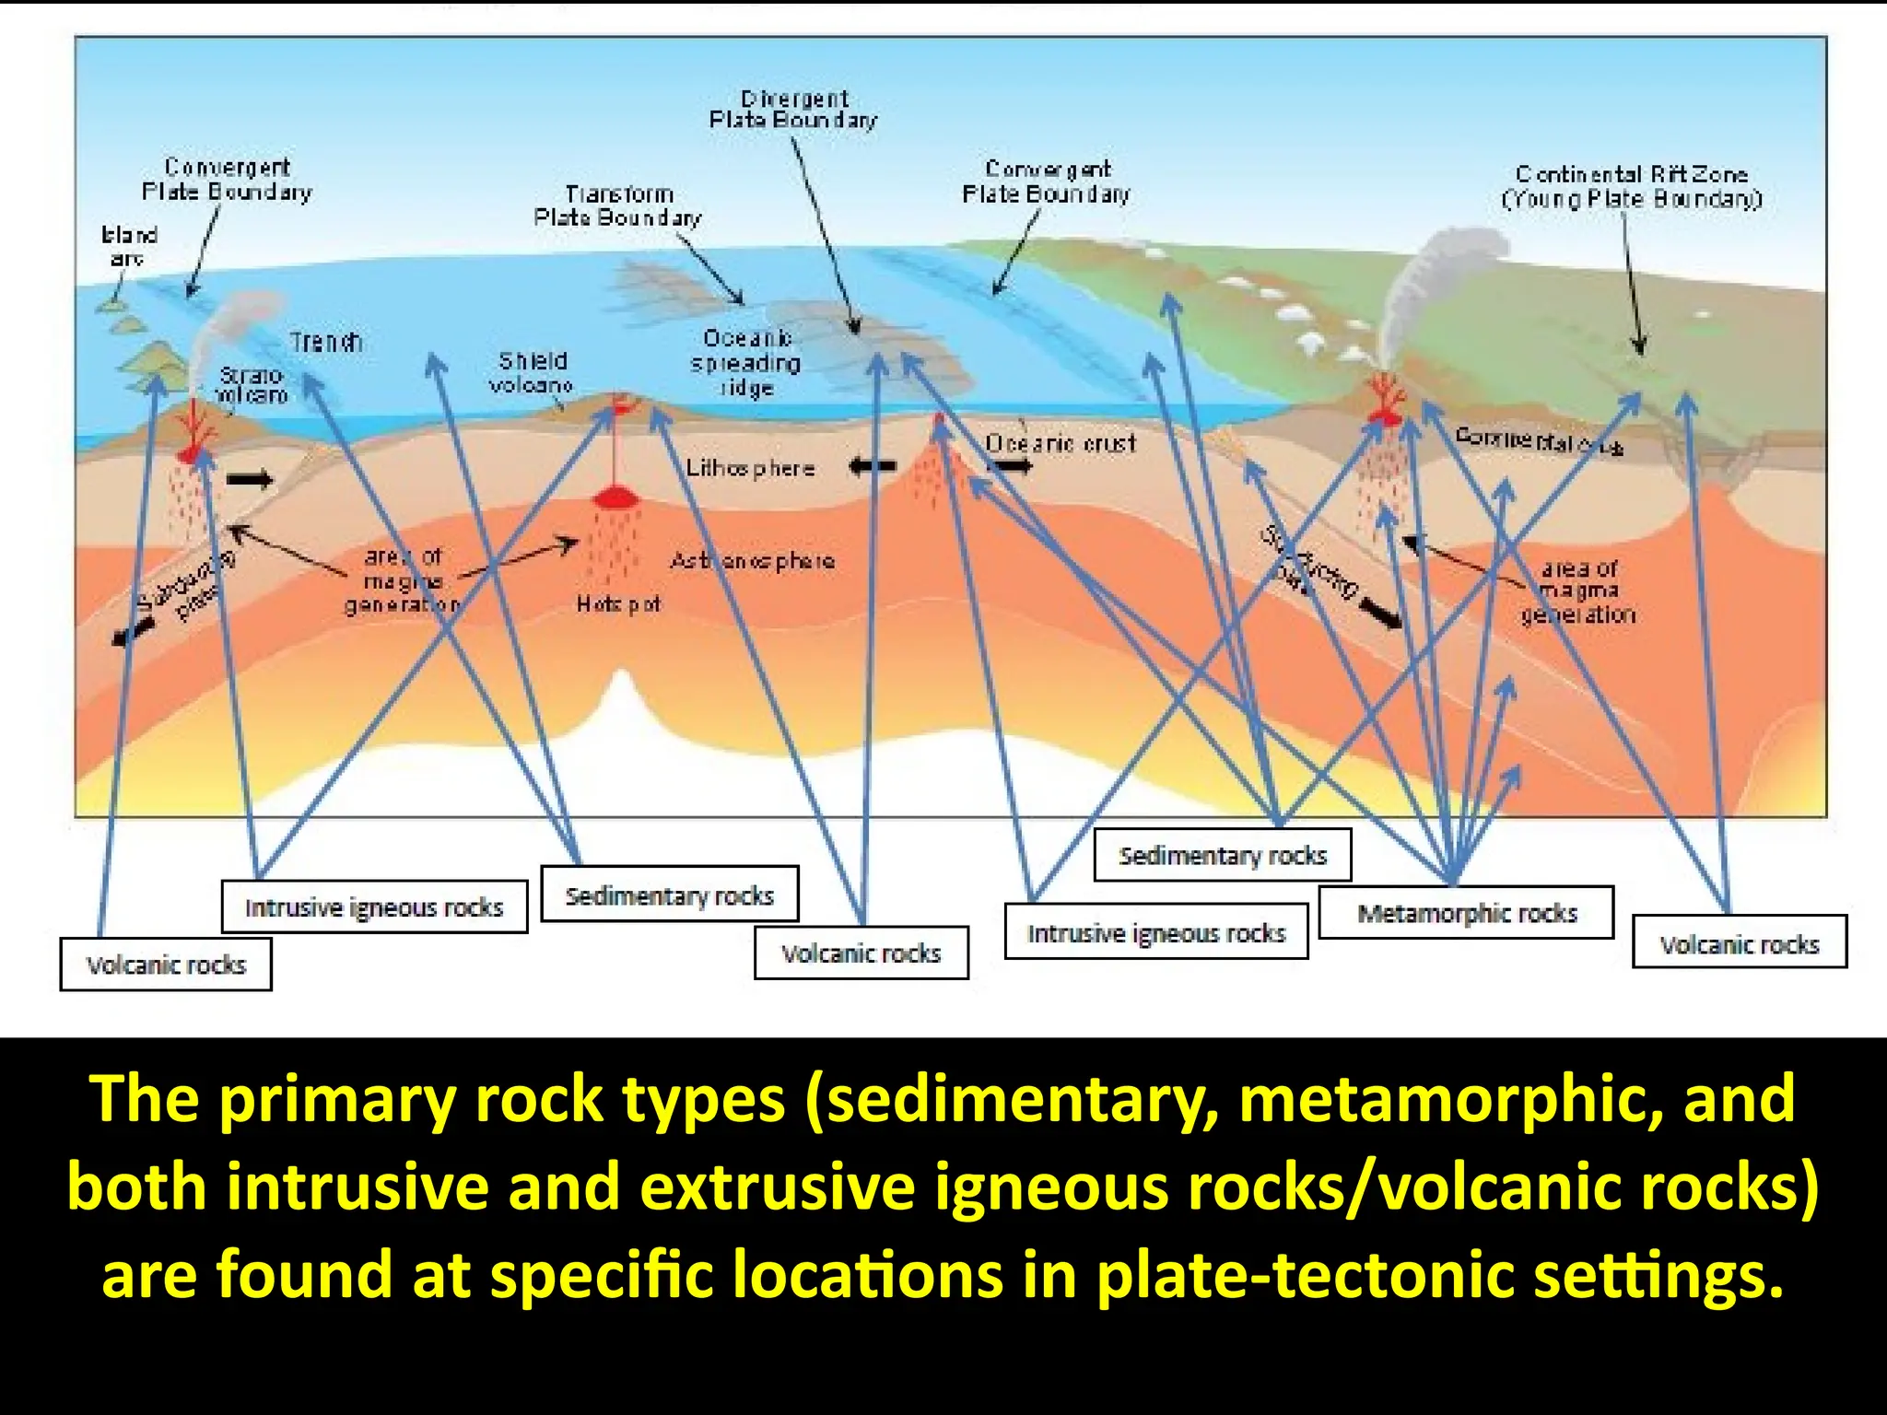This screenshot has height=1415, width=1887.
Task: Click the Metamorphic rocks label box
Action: point(1466,913)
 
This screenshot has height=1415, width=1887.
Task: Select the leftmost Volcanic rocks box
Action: point(166,965)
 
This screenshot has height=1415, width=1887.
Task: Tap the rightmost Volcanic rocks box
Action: point(1739,943)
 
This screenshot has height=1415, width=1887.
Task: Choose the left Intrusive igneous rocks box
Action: point(374,907)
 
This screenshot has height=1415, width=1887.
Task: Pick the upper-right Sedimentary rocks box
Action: point(1222,856)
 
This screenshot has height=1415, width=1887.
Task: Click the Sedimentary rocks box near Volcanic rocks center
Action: point(669,895)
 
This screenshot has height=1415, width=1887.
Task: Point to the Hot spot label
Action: point(617,604)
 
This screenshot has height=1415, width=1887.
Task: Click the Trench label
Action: point(326,343)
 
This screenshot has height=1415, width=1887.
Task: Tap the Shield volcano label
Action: point(532,372)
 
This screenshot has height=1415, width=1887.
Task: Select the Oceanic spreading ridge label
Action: point(745,363)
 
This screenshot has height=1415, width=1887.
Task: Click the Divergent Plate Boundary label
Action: point(793,109)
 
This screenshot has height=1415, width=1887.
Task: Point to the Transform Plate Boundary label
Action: point(618,205)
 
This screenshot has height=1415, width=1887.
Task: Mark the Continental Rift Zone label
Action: point(1631,186)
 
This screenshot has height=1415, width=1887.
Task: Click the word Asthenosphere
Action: point(752,560)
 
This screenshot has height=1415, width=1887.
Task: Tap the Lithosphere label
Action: point(750,468)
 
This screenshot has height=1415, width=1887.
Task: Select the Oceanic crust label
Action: point(1061,443)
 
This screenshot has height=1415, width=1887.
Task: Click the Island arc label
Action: point(129,246)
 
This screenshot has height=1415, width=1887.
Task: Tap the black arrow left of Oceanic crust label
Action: point(872,467)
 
